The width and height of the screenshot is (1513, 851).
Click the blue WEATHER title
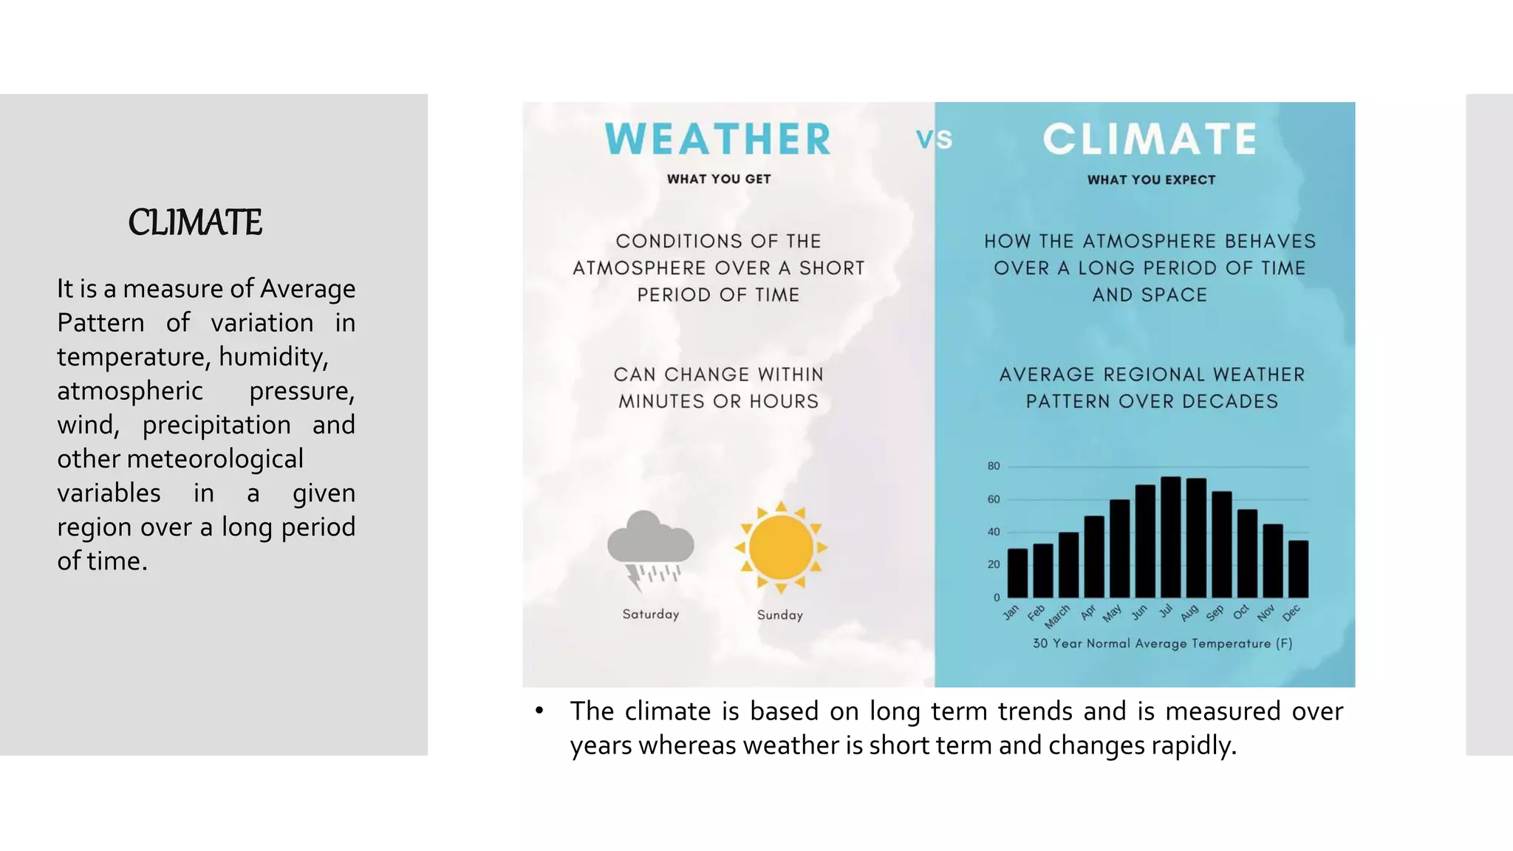[x=718, y=139]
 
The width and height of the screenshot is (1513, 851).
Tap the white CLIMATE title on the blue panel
[x=1150, y=139]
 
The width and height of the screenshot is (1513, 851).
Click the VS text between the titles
[x=934, y=139]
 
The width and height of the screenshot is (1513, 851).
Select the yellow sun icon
[x=781, y=547]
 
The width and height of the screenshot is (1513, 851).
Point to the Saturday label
[x=650, y=614]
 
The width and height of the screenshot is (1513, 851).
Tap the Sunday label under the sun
[x=779, y=615]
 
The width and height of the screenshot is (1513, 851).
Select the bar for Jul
[x=1171, y=538]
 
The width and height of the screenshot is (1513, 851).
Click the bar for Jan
[x=1017, y=573]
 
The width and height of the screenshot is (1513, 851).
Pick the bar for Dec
[x=1298, y=569]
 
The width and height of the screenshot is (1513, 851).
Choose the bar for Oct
[x=1247, y=553]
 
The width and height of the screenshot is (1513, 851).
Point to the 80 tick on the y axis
[x=994, y=466]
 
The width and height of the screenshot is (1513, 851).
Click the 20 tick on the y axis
[x=994, y=564]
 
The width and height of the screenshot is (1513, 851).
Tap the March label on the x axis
[x=1058, y=616]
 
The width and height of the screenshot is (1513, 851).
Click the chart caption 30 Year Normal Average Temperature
[x=1162, y=643]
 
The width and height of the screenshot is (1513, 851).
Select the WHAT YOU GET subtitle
[x=718, y=179]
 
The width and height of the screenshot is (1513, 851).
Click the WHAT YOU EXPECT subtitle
[x=1151, y=180]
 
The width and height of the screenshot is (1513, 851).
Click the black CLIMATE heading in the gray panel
[x=194, y=222]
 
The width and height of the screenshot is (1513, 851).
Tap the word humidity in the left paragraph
[x=273, y=357]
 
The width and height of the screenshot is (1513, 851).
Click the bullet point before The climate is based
[x=539, y=711]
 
